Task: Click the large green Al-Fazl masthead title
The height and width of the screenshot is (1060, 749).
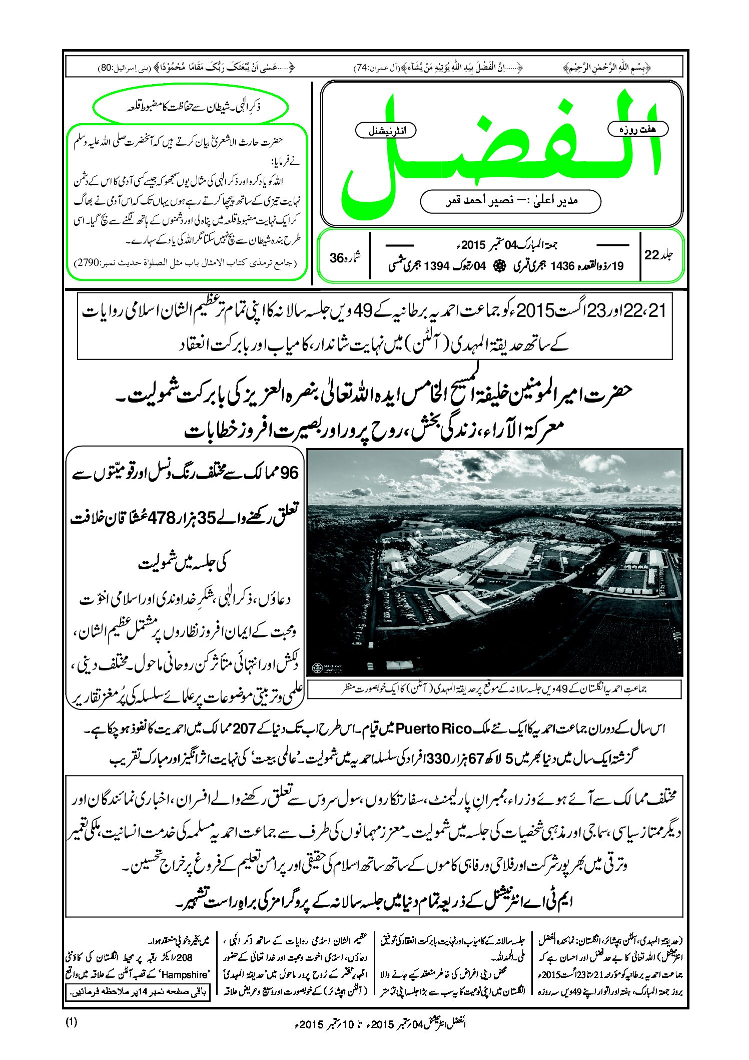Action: [500, 150]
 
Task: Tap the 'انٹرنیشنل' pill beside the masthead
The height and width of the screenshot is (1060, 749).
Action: [385, 131]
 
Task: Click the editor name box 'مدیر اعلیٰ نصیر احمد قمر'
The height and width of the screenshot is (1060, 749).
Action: [510, 201]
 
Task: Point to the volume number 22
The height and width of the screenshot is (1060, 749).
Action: [651, 255]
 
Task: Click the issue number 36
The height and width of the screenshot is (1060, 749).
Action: [336, 258]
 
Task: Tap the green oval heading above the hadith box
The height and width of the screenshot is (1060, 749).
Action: [191, 107]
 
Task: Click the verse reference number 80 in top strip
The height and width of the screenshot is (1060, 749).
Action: [106, 68]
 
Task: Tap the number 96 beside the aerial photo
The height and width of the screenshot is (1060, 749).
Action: [289, 473]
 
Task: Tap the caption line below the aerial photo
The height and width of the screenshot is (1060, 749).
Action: [494, 689]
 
